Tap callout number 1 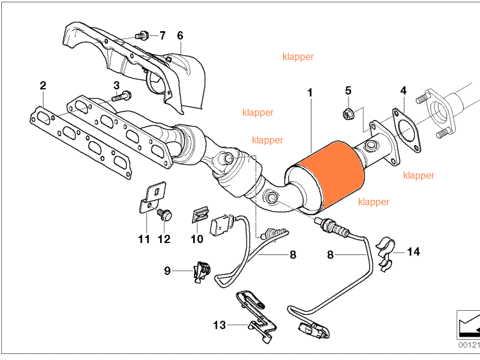[x=310, y=93]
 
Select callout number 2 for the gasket [x=43, y=86]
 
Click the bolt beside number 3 [x=122, y=95]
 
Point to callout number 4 [x=403, y=91]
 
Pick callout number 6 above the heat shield [x=180, y=36]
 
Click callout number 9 [x=167, y=271]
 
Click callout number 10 [x=197, y=239]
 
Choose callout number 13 [x=220, y=325]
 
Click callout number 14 [x=413, y=252]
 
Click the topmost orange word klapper [x=298, y=57]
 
